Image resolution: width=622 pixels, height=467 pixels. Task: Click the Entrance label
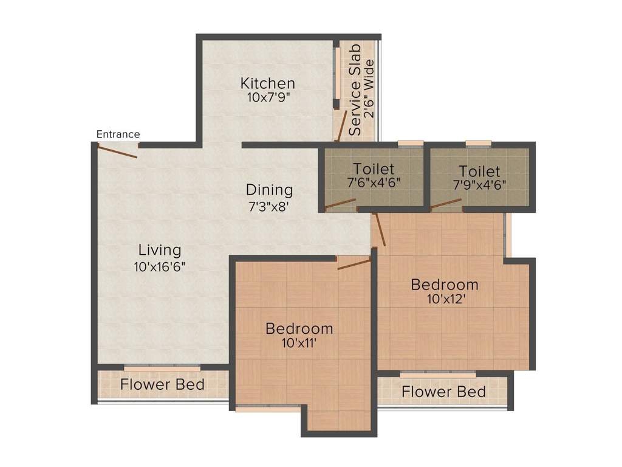click(118, 134)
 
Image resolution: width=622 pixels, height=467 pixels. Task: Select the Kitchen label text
click(267, 83)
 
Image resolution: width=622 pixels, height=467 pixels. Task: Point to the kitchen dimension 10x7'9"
click(267, 98)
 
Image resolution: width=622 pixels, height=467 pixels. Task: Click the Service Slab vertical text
click(355, 90)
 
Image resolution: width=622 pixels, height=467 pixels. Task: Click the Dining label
click(269, 190)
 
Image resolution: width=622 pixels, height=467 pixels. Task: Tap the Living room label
click(160, 250)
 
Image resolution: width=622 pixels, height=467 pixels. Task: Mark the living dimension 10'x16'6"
click(160, 266)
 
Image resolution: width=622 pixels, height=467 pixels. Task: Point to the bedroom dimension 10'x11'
click(299, 343)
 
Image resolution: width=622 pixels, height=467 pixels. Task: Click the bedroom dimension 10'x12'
click(445, 299)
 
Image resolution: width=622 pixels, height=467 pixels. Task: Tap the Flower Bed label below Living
click(162, 384)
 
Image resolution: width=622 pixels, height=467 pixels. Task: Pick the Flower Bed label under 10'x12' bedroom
click(443, 392)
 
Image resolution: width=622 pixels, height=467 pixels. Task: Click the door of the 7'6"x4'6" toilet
click(340, 204)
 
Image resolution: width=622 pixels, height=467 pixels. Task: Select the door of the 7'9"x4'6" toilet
click(446, 203)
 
